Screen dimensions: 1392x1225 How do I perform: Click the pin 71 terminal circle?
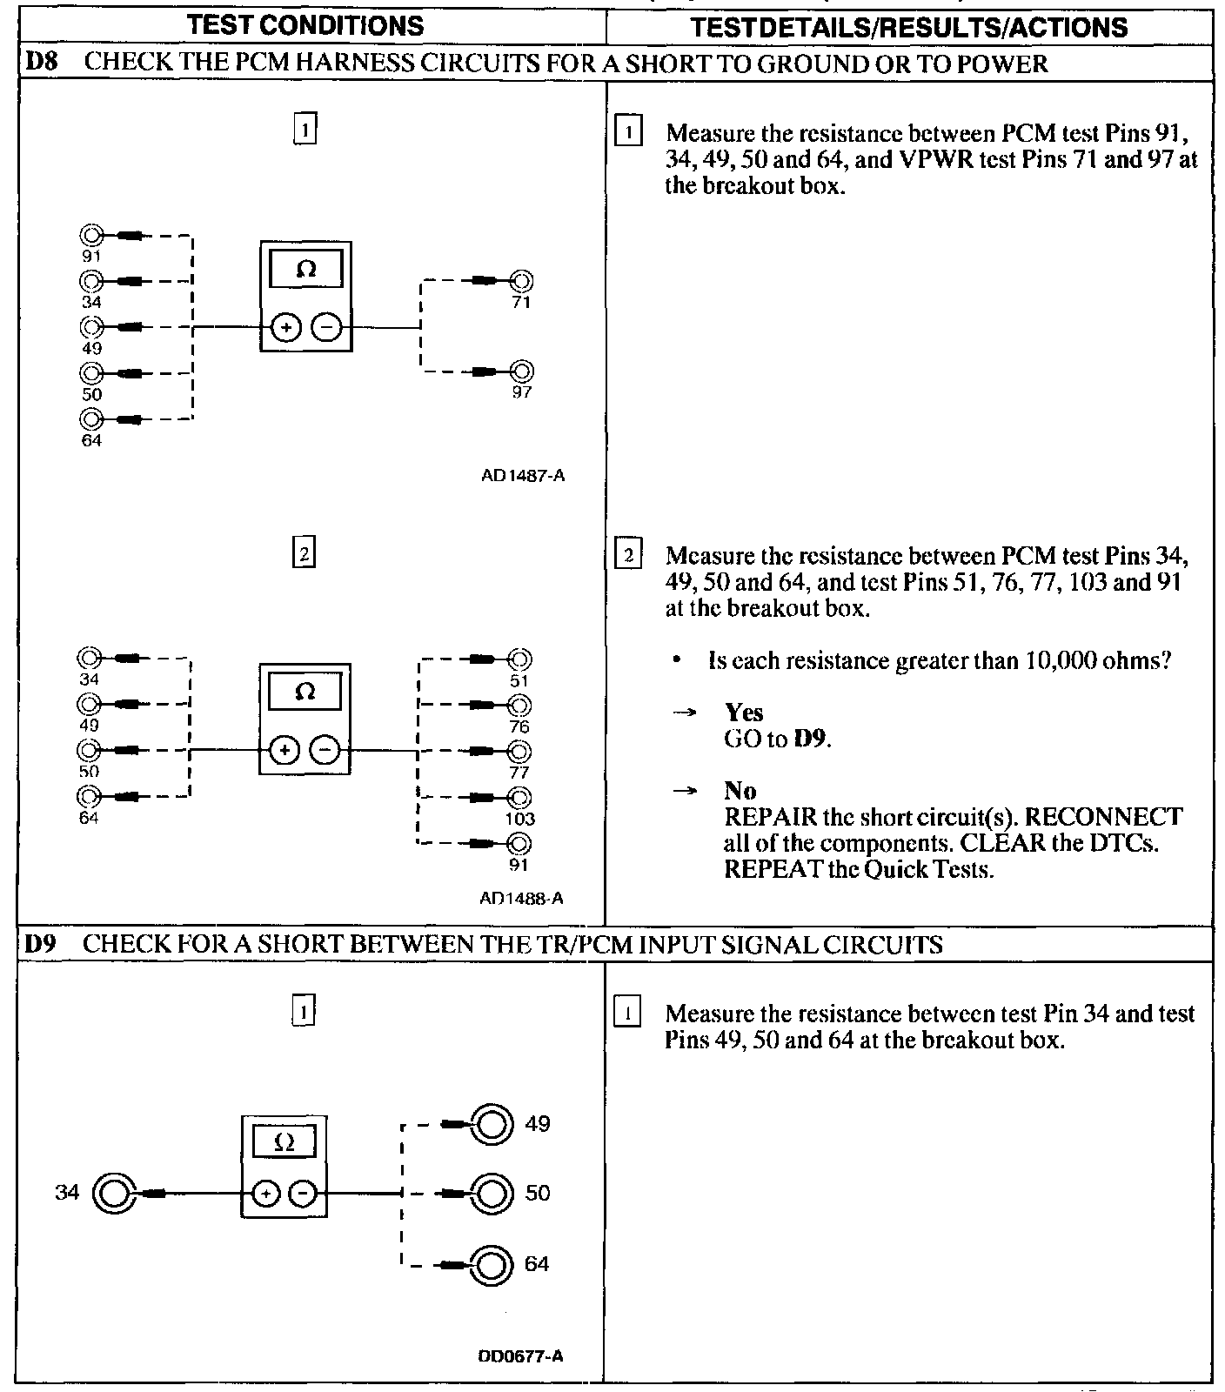(x=521, y=281)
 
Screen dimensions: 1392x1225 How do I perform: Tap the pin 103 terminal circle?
(x=519, y=797)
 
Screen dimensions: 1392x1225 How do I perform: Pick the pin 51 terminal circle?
(x=519, y=659)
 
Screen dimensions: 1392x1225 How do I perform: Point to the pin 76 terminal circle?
(x=519, y=705)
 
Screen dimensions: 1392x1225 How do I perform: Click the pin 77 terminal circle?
(x=519, y=751)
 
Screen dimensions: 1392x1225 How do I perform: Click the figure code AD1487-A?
(x=522, y=476)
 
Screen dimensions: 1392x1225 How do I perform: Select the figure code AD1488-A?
(x=521, y=898)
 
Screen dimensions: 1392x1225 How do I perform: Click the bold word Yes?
(x=744, y=713)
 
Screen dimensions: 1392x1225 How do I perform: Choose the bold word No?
(x=740, y=791)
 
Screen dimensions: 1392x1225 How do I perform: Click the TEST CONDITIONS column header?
(x=305, y=25)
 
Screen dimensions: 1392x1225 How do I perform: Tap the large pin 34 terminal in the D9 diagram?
(x=114, y=1194)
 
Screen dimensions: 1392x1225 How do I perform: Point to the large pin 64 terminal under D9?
(x=491, y=1264)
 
